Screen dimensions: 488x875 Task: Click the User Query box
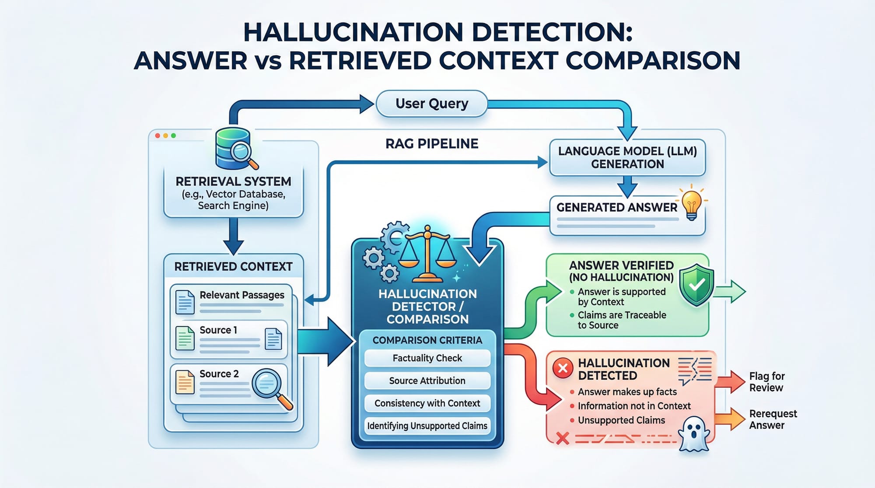click(x=431, y=104)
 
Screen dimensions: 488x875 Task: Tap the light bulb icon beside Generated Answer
click(x=691, y=204)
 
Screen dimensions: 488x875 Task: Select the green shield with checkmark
click(x=696, y=285)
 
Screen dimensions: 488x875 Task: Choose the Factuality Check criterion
click(x=427, y=358)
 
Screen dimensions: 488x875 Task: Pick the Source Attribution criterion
click(x=427, y=381)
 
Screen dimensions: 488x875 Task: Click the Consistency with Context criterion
click(x=427, y=403)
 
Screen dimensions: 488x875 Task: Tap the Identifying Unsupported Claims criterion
click(x=427, y=426)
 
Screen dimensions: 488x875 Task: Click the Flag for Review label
click(x=766, y=382)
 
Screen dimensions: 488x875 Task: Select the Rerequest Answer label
click(x=773, y=419)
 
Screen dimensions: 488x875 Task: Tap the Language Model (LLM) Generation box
click(x=627, y=157)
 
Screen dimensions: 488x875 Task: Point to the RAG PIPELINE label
click(x=432, y=144)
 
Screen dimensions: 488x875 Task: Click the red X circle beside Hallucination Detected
click(x=563, y=368)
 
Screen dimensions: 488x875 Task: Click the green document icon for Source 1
click(x=185, y=338)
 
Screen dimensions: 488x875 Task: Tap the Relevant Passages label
click(x=241, y=295)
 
